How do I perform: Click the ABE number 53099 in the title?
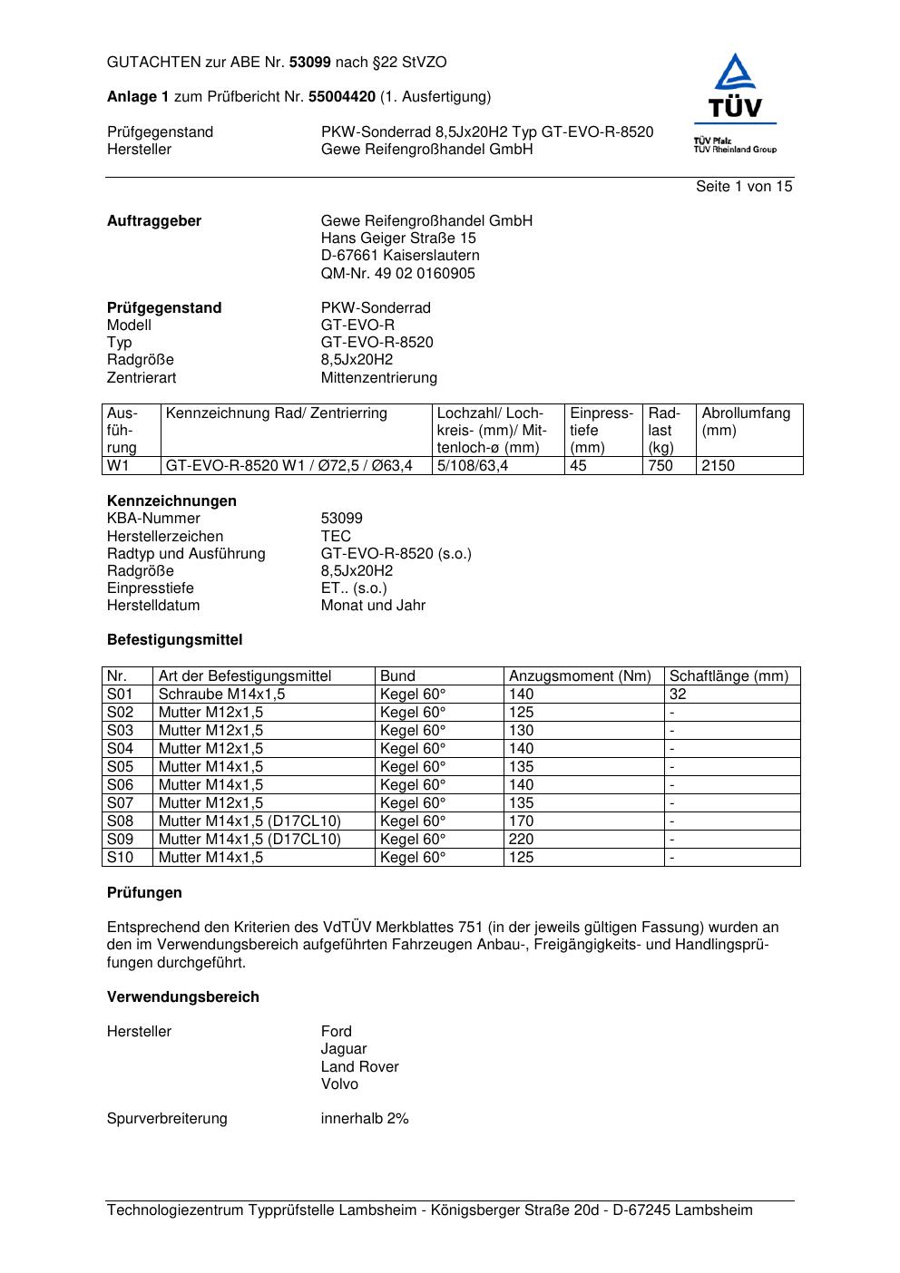[x=309, y=63]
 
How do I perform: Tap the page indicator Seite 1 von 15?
[x=744, y=187]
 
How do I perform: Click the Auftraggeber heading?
[x=154, y=221]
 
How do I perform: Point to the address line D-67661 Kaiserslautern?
[x=400, y=256]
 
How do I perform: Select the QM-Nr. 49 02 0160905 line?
[x=397, y=273]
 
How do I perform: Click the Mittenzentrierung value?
[x=378, y=377]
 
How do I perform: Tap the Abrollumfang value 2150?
[x=718, y=466]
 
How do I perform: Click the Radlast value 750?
[x=660, y=466]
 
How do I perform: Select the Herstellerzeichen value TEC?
[x=336, y=536]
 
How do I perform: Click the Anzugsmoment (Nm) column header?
[x=580, y=676]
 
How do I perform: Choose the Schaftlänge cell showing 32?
[x=678, y=695]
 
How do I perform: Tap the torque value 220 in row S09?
[x=521, y=840]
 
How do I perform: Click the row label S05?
[x=120, y=767]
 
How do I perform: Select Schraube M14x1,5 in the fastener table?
[x=221, y=695]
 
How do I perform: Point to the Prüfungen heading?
[x=144, y=893]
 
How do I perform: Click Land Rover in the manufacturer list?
[x=359, y=1067]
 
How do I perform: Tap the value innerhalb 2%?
[x=365, y=1119]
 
